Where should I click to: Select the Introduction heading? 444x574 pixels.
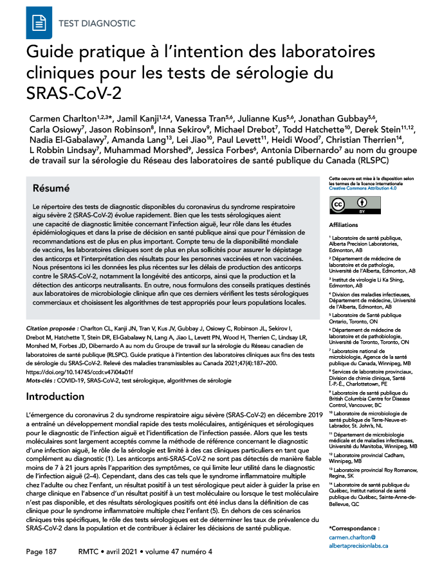64,397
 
